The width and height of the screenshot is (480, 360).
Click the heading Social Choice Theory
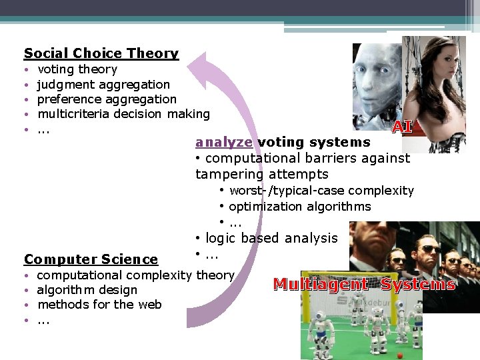coord(101,53)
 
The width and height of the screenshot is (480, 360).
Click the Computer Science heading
coord(91,259)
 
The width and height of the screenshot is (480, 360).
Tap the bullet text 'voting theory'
coord(77,69)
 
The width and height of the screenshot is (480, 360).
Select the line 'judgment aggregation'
coord(103,85)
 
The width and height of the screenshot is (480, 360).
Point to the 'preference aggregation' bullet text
coord(107,99)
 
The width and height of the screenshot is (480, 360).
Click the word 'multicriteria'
coord(73,114)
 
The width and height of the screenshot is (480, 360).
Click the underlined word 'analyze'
coord(224,142)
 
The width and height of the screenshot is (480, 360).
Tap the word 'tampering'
coord(226,174)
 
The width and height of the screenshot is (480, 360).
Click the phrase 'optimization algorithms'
coord(299,207)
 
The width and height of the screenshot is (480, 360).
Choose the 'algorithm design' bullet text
coord(87,290)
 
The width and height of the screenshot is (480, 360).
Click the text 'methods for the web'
coord(99,305)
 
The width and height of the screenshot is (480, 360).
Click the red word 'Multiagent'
coord(320,285)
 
